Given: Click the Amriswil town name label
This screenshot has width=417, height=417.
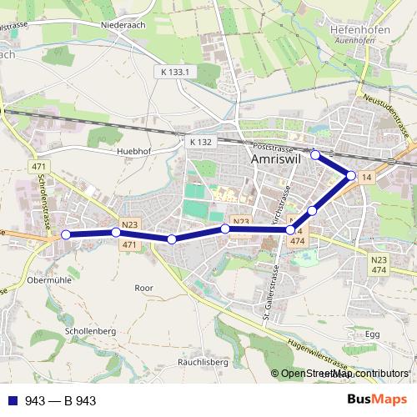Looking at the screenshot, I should [x=276, y=159].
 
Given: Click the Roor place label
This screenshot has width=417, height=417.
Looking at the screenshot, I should [x=144, y=287].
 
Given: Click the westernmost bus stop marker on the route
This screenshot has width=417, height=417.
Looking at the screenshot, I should [x=66, y=235].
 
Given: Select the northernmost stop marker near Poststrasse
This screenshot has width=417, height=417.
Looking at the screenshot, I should [x=315, y=154].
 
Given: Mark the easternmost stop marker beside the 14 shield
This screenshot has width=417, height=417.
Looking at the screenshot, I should [x=352, y=175].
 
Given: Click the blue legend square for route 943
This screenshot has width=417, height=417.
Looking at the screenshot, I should [x=11, y=401].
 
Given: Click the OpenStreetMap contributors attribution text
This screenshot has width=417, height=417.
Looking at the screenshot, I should [x=344, y=374].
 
